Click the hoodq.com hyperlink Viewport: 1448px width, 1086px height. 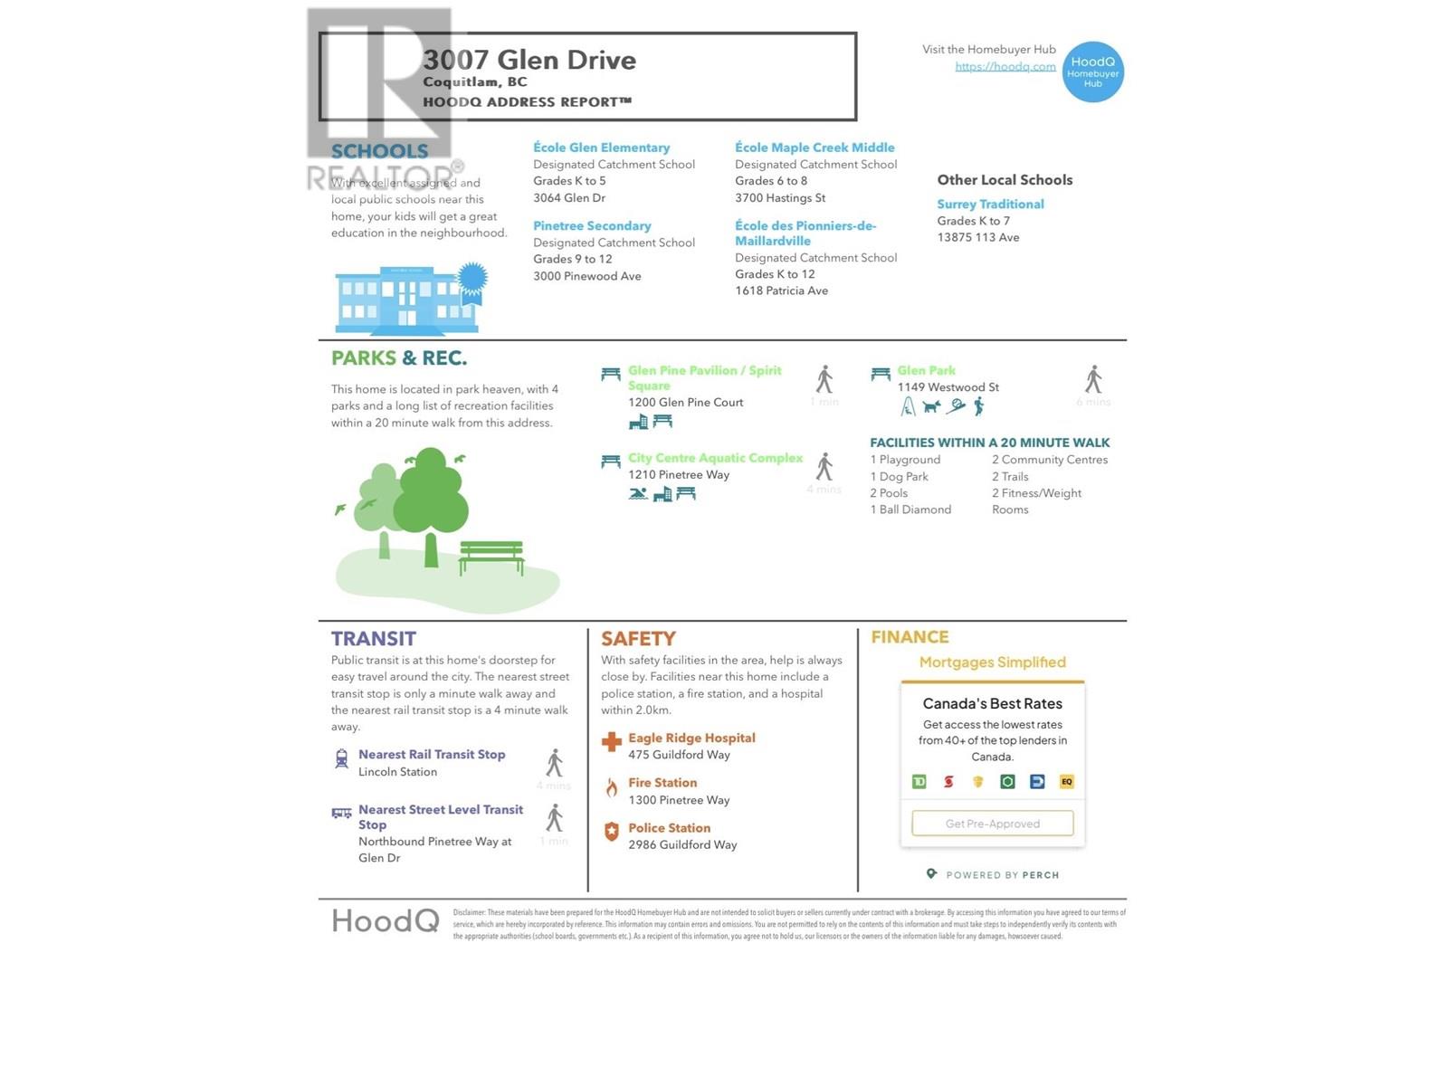point(1005,66)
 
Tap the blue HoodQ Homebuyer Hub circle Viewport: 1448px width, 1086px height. point(1092,72)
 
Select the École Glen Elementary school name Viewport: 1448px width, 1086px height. point(601,148)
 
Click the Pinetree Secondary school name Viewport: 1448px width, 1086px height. point(592,225)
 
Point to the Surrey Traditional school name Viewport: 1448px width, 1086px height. point(990,205)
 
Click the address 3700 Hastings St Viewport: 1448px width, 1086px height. point(780,197)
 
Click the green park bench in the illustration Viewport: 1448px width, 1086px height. point(491,556)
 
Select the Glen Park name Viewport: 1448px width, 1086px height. point(926,370)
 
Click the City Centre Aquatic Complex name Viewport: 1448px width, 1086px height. point(715,458)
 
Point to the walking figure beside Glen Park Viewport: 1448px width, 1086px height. point(1093,379)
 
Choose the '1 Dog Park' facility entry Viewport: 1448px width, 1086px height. point(899,476)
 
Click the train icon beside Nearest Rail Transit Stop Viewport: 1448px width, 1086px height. point(341,758)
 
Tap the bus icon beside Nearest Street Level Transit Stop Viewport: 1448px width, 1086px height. point(341,813)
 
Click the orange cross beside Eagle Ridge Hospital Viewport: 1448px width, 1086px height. point(611,742)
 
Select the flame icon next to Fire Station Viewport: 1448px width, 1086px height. point(611,787)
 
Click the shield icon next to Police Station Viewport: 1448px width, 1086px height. point(611,832)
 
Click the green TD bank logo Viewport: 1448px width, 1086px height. point(919,781)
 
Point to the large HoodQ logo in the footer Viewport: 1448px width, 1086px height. point(385,921)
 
